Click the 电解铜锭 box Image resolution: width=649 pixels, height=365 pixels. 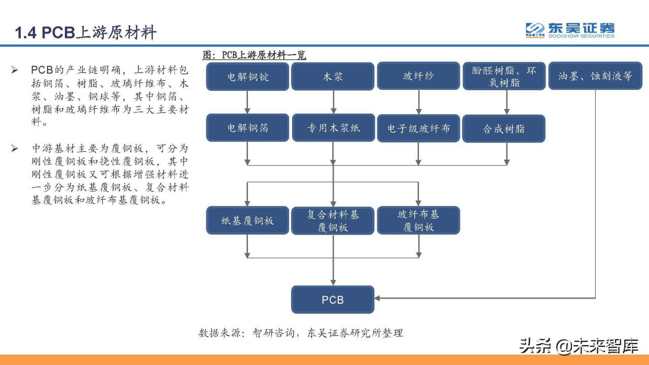(247, 77)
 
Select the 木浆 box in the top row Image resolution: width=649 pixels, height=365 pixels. (333, 77)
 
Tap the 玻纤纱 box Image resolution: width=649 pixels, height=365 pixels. (418, 77)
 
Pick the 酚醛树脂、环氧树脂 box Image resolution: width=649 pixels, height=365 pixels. (503, 77)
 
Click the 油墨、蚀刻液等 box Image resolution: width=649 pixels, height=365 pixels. (595, 76)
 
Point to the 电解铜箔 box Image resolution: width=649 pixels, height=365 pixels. (247, 128)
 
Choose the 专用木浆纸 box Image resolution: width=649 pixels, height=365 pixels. (333, 128)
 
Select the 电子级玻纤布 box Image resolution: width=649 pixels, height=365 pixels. (418, 128)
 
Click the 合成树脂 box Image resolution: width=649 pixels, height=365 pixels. (503, 129)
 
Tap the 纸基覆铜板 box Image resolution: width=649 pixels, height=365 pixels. (247, 221)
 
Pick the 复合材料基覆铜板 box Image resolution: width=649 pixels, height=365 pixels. (333, 221)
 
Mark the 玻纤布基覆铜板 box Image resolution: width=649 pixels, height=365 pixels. (418, 221)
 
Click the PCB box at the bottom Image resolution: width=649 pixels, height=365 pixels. (333, 300)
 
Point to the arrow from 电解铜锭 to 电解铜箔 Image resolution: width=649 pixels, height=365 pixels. (247, 102)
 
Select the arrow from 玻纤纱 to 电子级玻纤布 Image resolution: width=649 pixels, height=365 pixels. (418, 102)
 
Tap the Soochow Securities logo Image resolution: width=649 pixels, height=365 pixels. (570, 30)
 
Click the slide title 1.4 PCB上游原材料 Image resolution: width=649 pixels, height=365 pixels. (86, 33)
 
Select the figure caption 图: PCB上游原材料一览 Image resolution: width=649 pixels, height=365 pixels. (254, 55)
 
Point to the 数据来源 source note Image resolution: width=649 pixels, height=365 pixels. (301, 333)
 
